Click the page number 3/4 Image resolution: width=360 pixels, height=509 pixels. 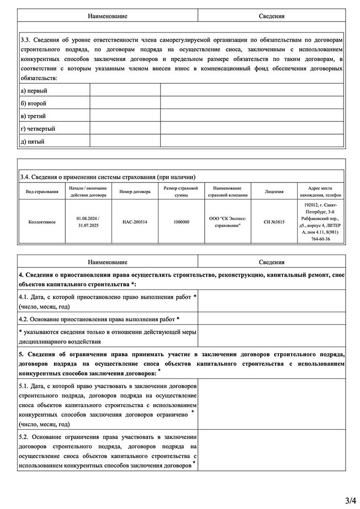point(350,499)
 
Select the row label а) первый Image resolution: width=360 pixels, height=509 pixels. point(30,91)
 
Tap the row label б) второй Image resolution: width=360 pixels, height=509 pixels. point(33,103)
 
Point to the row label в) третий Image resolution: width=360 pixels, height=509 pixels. point(33,116)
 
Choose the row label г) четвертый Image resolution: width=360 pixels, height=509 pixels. point(38,129)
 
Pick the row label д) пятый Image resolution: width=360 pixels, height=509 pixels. point(32,141)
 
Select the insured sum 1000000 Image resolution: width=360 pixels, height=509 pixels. point(181,222)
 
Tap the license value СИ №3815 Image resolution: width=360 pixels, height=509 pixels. point(274,222)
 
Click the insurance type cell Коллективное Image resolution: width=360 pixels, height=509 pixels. point(42,222)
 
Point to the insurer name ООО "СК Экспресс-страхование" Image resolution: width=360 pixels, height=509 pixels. point(227,222)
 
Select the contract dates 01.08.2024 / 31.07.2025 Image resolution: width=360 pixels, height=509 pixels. point(87,222)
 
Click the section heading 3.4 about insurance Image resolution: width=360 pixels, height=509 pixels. point(107,176)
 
